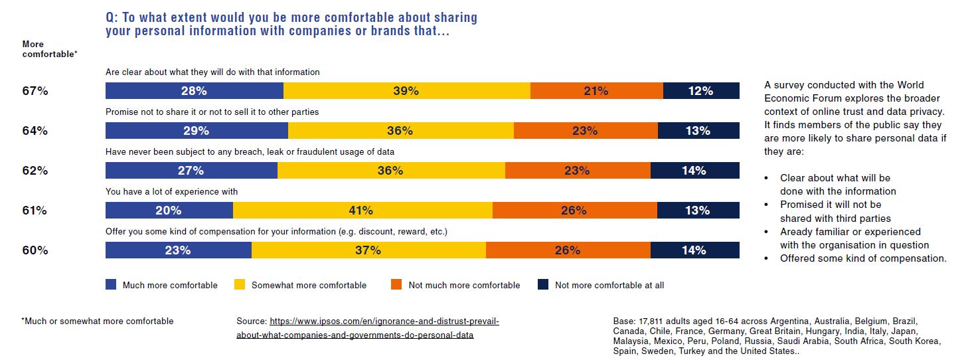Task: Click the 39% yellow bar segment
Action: (406, 91)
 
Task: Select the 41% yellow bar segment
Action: (362, 211)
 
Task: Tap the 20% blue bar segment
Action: (169, 211)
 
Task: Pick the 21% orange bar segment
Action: (596, 91)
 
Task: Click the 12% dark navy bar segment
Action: (701, 91)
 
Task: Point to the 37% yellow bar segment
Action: (368, 250)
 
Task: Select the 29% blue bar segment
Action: (197, 131)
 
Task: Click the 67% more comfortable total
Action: (35, 91)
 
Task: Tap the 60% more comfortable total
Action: (35, 250)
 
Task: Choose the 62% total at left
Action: (35, 171)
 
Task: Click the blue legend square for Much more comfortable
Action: (111, 285)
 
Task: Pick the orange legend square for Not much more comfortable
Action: (396, 285)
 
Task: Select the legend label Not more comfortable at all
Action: (609, 286)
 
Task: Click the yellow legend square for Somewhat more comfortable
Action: (240, 285)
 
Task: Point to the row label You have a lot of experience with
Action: (171, 192)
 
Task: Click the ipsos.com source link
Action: (367, 328)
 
